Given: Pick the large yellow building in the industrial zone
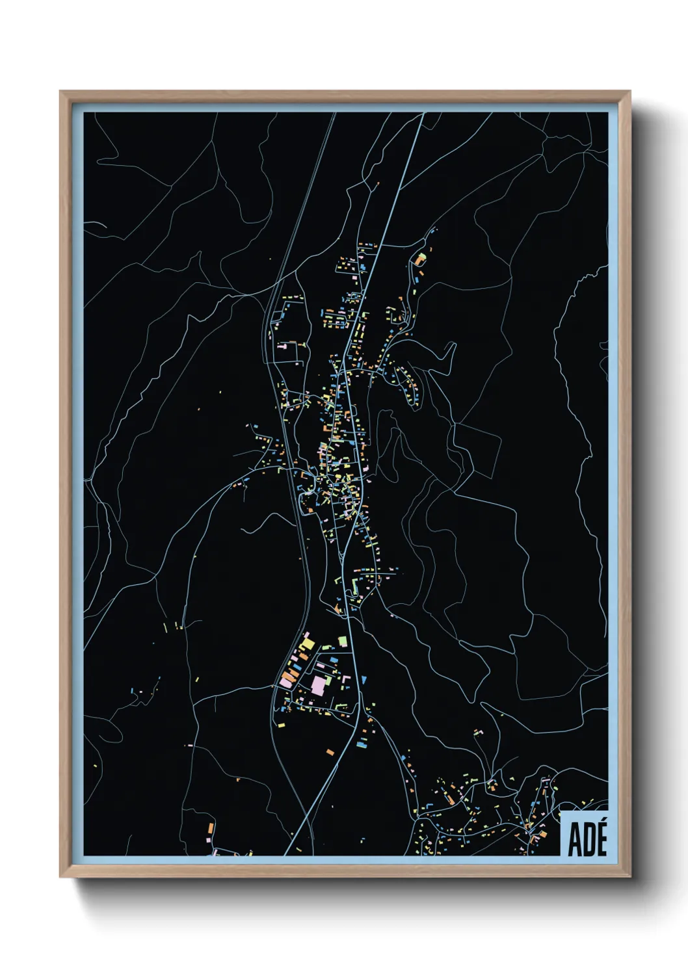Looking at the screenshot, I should (x=306, y=645).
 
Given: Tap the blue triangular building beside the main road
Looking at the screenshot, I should (x=364, y=680).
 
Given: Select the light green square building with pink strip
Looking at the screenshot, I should (x=342, y=642).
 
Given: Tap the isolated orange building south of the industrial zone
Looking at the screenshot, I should (x=330, y=752).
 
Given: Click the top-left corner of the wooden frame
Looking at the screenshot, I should (x=60, y=92).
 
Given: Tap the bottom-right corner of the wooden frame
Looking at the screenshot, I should (x=630, y=877).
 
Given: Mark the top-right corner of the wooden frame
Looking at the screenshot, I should (x=630, y=92).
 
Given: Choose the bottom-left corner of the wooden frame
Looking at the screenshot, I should (x=60, y=877).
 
